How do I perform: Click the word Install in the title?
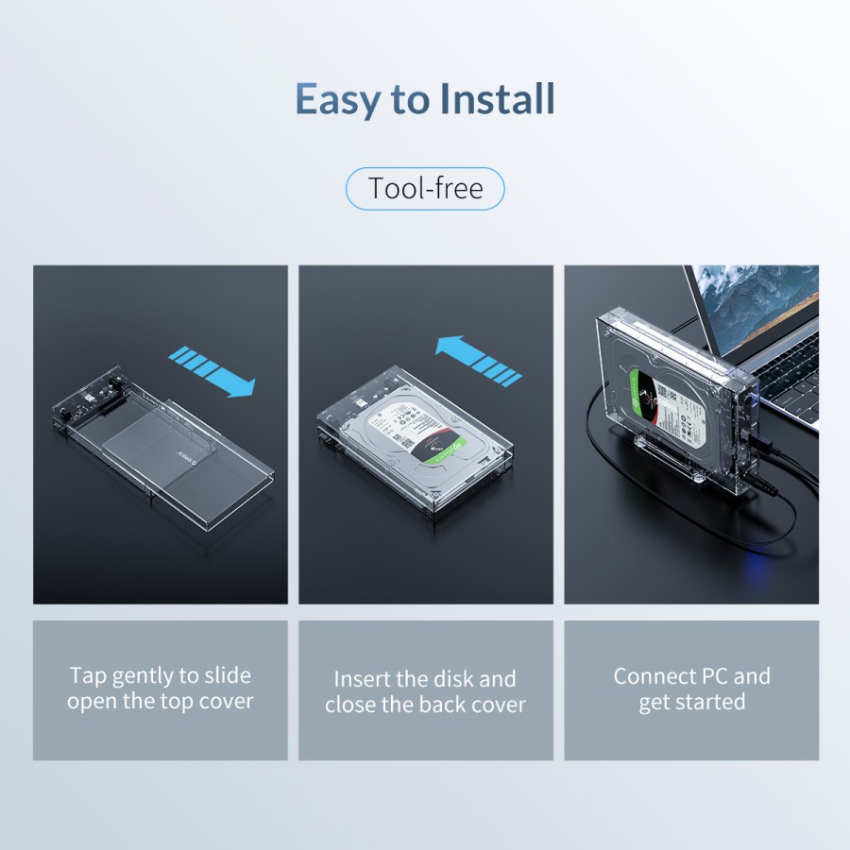pos(494,100)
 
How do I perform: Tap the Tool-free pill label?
pos(425,189)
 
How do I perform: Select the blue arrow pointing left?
pos(478,359)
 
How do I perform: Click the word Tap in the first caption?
pos(88,676)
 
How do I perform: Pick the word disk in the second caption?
pos(453,679)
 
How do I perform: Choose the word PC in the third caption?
pos(712,676)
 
